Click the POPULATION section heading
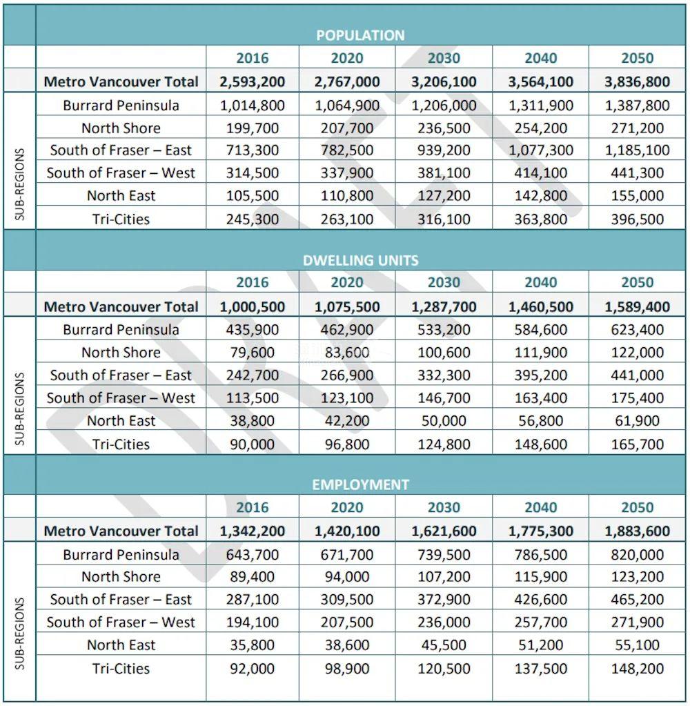click(x=360, y=35)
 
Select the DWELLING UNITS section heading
click(x=360, y=260)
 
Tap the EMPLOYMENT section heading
click(x=360, y=484)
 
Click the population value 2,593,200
click(x=252, y=81)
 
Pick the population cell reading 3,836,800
click(x=637, y=81)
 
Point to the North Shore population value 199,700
click(x=252, y=128)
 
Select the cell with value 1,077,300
click(x=540, y=150)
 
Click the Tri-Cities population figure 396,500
click(x=637, y=219)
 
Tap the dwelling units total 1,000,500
click(x=252, y=306)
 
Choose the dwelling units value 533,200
click(x=444, y=329)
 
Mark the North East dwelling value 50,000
click(x=444, y=421)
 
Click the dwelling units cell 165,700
click(x=637, y=444)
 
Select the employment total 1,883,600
click(x=637, y=531)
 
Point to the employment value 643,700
click(x=252, y=554)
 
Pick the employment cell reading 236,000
click(x=444, y=622)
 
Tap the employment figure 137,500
click(x=540, y=668)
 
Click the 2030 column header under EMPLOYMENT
click(x=444, y=508)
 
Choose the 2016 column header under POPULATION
click(x=252, y=58)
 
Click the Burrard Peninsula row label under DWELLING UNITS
click(x=121, y=329)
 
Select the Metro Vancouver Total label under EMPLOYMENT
click(x=121, y=531)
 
